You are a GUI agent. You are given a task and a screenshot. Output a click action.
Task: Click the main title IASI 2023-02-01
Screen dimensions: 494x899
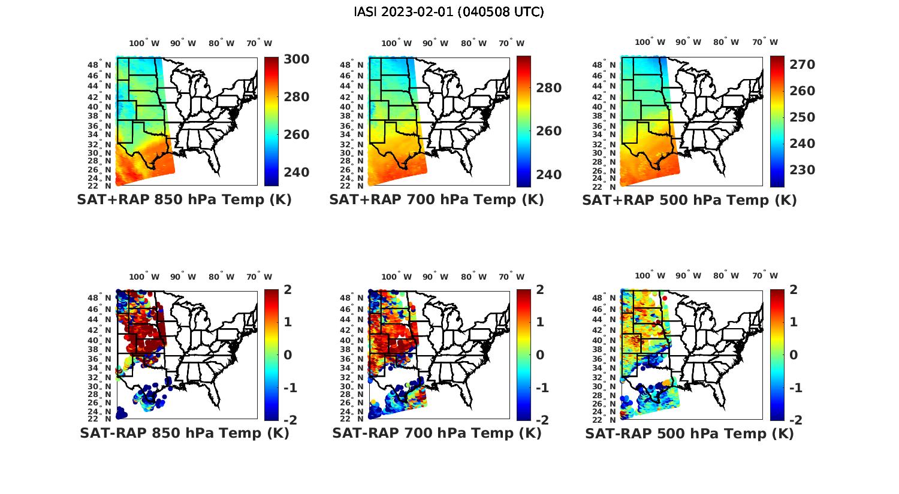[x=449, y=12]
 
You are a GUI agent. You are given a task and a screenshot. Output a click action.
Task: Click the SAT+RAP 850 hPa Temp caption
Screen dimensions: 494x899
[x=184, y=200]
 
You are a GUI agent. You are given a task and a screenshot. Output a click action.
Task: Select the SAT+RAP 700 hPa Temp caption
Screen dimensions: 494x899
[x=436, y=200]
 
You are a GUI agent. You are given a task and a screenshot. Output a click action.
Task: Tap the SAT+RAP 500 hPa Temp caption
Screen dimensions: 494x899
[x=689, y=200]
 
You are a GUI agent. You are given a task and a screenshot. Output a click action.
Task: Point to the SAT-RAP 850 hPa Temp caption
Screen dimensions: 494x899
[x=184, y=433]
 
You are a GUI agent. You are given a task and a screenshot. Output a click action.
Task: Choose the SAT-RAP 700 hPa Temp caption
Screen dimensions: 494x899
[x=436, y=433]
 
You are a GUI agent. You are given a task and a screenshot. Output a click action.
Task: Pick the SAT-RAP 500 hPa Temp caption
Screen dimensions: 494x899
[x=689, y=433]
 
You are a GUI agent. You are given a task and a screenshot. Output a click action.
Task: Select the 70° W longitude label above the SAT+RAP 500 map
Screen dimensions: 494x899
[x=765, y=43]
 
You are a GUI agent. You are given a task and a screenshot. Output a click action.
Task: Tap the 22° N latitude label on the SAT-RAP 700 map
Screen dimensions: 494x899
[x=352, y=419]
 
